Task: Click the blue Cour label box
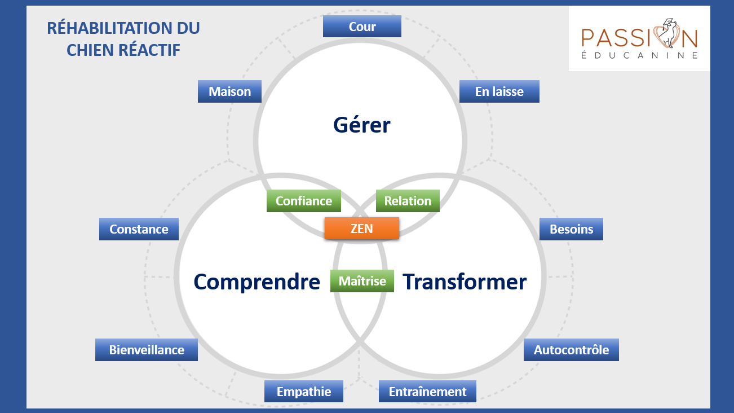click(362, 27)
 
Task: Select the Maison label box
click(229, 91)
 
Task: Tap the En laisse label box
click(499, 91)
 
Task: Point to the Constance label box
click(139, 229)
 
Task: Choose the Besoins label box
click(571, 229)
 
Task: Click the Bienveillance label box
click(147, 350)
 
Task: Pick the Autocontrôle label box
click(571, 350)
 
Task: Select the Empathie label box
click(304, 392)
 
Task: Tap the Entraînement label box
click(427, 392)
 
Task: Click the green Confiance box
click(303, 201)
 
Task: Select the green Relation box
click(408, 201)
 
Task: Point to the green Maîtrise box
click(362, 281)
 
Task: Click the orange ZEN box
click(362, 229)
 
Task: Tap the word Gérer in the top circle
click(361, 125)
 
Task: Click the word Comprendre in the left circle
click(257, 282)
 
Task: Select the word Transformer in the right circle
click(465, 282)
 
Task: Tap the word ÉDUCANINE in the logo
click(639, 55)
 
